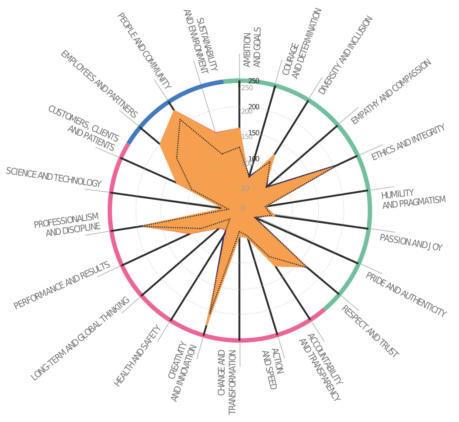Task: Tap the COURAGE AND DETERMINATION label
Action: coord(302,44)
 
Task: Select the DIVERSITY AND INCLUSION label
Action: coord(345,55)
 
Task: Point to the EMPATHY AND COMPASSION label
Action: coord(391,92)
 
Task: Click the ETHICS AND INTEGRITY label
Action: coord(408,142)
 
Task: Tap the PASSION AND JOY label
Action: coord(411,242)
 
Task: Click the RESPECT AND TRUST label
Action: coord(370,331)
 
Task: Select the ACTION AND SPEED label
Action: coord(272,369)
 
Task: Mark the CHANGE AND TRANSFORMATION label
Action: coord(227,382)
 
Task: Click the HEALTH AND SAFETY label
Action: coord(138,355)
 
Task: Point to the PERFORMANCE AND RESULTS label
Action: coord(62,285)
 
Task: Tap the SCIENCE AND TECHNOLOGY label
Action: coord(54,177)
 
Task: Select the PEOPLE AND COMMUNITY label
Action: coord(144,51)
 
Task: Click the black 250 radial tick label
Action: coord(254,81)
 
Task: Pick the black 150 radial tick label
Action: coord(254,133)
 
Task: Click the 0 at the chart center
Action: coord(243,208)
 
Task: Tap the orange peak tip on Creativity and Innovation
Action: coord(206,325)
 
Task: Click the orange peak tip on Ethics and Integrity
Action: coord(336,166)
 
